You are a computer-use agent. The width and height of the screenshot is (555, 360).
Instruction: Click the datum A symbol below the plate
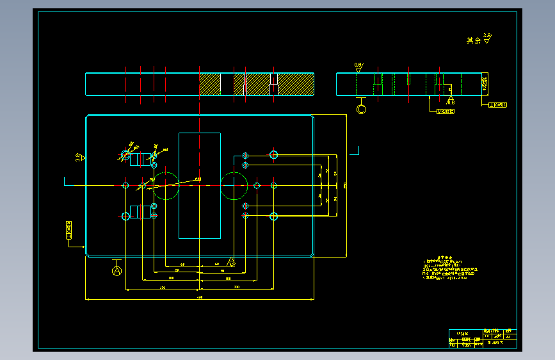(x=117, y=271)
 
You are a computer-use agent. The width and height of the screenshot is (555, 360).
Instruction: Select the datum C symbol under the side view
(x=362, y=110)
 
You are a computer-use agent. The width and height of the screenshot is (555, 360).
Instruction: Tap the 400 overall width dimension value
(x=199, y=297)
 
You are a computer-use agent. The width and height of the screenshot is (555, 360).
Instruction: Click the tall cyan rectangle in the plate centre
(x=200, y=185)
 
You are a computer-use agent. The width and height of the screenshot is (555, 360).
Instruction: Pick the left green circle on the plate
(x=166, y=185)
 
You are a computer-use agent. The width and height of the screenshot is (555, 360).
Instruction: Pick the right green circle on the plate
(x=234, y=186)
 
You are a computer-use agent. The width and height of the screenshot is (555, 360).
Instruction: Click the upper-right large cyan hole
(x=274, y=154)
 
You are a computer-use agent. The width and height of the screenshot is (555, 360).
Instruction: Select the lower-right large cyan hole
(x=274, y=216)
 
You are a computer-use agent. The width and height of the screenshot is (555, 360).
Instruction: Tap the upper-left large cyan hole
(x=125, y=154)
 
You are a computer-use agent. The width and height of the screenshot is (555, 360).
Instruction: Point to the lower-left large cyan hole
(x=125, y=216)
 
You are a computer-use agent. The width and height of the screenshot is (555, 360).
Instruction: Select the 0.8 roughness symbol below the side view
(x=450, y=99)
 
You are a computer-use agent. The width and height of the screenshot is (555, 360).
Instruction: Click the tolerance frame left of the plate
(x=68, y=230)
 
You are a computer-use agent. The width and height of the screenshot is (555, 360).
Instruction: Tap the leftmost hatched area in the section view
(x=210, y=84)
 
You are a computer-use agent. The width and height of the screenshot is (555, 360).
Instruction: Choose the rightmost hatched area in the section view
(x=296, y=84)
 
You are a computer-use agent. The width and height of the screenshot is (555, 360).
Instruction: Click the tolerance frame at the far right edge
(x=497, y=104)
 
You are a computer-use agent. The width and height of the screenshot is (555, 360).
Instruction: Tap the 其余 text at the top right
(x=474, y=40)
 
